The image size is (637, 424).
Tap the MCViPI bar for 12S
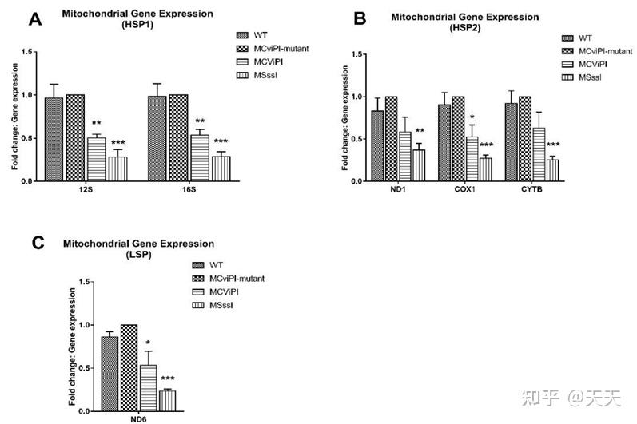pyautogui.click(x=97, y=159)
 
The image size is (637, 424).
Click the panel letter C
pyautogui.click(x=34, y=241)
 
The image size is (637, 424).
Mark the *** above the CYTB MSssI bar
pyautogui.click(x=553, y=145)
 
